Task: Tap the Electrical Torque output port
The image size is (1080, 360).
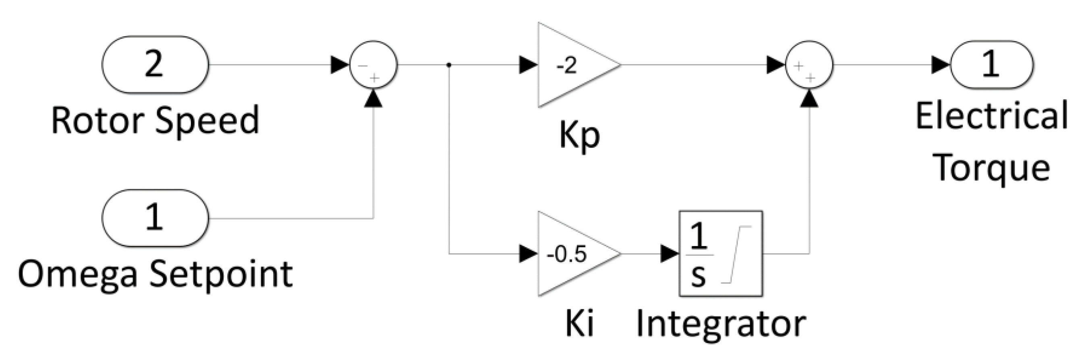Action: coord(991,64)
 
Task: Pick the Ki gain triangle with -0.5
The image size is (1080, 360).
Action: coord(572,254)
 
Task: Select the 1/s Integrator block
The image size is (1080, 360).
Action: coord(720,254)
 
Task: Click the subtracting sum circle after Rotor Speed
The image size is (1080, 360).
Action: coord(373,64)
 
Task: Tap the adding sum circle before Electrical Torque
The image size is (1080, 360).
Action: coord(809,64)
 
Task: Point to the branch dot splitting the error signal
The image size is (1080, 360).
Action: coord(449,65)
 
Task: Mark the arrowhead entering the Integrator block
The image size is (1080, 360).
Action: coord(670,254)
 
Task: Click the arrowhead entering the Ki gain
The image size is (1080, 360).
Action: coord(528,254)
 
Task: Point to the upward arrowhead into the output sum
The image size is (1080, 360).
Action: coord(810,99)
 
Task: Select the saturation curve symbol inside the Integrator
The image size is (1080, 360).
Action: coord(736,254)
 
